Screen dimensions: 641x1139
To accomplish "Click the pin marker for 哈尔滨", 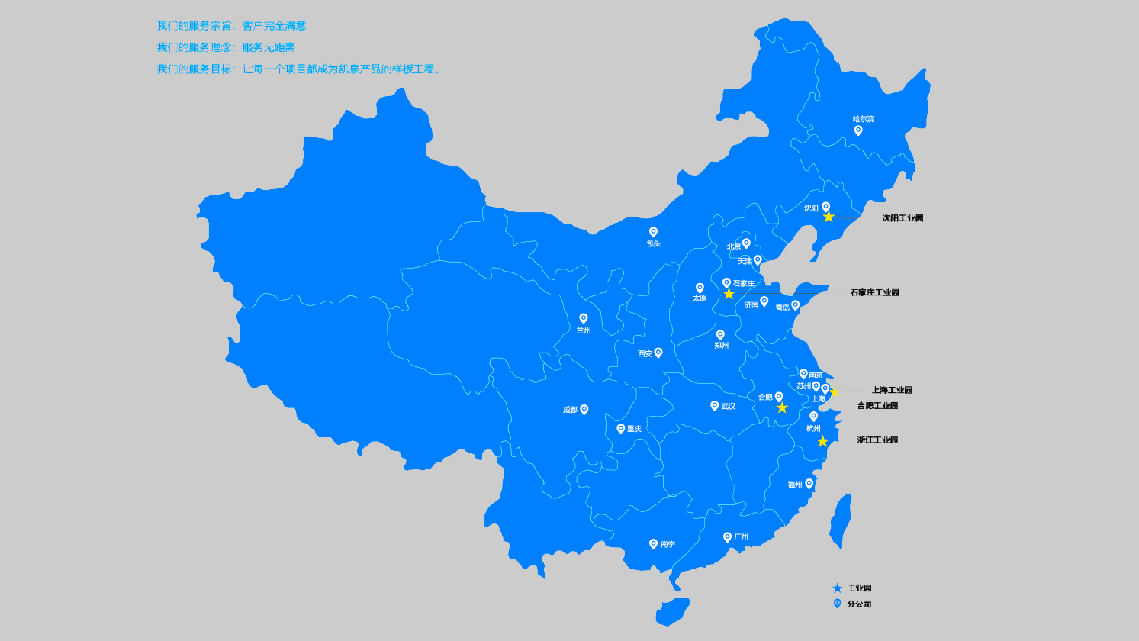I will click(x=858, y=130).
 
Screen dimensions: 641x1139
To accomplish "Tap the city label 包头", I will click(x=653, y=244).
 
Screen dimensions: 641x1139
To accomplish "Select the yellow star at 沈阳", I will click(x=829, y=217).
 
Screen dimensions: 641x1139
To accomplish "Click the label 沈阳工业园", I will click(x=903, y=218).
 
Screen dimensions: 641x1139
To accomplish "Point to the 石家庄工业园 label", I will click(x=874, y=293).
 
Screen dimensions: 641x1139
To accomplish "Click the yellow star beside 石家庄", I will click(x=729, y=295).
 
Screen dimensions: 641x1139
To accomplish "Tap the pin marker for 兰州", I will click(x=584, y=318).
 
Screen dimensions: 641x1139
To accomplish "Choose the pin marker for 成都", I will click(x=584, y=409).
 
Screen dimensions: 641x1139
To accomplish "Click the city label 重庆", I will click(x=634, y=429).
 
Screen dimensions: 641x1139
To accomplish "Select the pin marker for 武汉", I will click(x=715, y=405).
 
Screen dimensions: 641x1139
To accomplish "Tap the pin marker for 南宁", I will click(x=653, y=543).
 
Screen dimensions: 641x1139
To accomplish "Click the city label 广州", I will click(x=741, y=536).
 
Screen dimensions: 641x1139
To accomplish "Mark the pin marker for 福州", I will click(x=809, y=483).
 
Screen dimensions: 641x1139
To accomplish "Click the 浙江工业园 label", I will click(x=877, y=440).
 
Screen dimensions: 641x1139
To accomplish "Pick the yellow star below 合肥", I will click(x=782, y=408).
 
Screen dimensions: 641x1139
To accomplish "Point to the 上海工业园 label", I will click(x=892, y=390).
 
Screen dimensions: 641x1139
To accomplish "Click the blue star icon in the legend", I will click(x=838, y=588).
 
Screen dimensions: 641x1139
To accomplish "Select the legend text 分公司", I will click(x=859, y=604).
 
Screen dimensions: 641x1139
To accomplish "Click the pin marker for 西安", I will click(x=658, y=353).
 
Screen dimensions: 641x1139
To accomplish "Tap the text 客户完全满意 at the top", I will click(x=274, y=26).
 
